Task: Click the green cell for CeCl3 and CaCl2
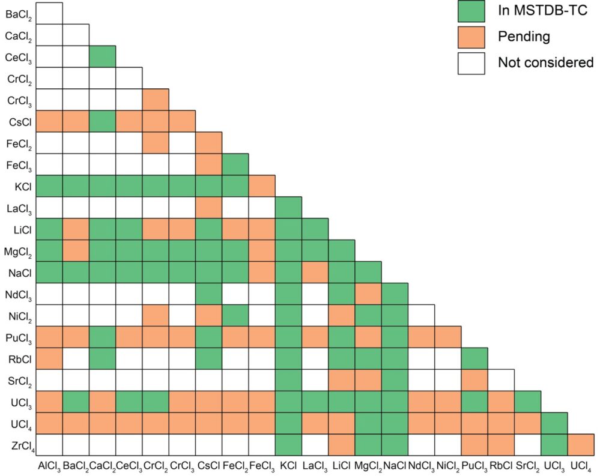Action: [x=103, y=56]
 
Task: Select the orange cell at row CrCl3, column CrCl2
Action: [x=156, y=99]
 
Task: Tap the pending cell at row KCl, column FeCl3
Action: [x=262, y=185]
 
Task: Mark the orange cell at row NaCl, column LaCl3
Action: [x=315, y=272]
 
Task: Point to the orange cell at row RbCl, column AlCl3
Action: [x=49, y=358]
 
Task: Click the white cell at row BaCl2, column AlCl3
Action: [x=49, y=13]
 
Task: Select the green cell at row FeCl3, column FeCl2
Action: [x=235, y=164]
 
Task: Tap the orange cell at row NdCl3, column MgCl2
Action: [x=368, y=294]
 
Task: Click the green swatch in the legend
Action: [x=471, y=10]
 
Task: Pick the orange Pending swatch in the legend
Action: [x=471, y=36]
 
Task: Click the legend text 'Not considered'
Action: [x=545, y=62]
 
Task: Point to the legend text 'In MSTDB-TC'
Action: [x=538, y=10]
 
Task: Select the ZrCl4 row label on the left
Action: [x=21, y=445]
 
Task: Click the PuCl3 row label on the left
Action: [x=21, y=337]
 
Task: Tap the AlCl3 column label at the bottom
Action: [x=49, y=465]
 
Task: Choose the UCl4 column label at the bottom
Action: [x=581, y=465]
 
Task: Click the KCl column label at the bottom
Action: [x=288, y=465]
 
